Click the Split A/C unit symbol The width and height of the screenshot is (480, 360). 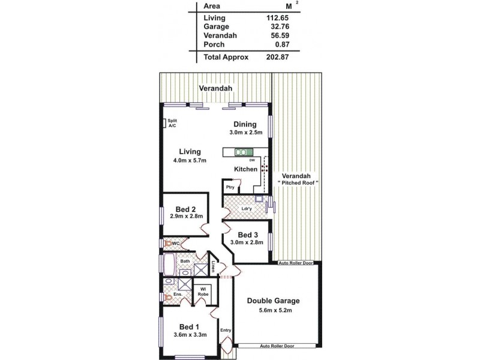[x=165, y=123]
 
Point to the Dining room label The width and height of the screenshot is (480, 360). [x=245, y=125]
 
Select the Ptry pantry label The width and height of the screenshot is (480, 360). [x=230, y=187]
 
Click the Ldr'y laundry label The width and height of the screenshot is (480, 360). [x=246, y=209]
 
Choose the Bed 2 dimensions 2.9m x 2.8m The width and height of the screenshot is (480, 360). [x=187, y=216]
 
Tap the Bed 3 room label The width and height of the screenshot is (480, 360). [x=248, y=235]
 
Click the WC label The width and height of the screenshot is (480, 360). [x=176, y=244]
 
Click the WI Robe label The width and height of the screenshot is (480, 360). [x=204, y=292]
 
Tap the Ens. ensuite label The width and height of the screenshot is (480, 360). [x=178, y=295]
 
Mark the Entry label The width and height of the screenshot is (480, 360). [x=226, y=331]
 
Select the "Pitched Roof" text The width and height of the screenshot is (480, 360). [x=298, y=182]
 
